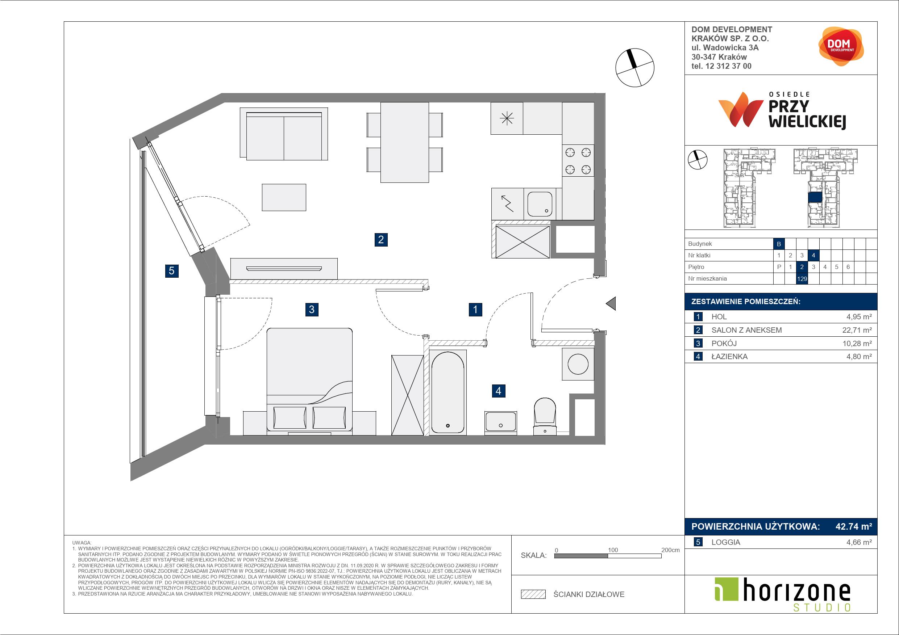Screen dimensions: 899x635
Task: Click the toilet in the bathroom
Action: pos(545,416)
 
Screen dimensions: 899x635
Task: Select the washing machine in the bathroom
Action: pos(578,364)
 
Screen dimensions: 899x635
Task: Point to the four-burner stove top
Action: pos(578,161)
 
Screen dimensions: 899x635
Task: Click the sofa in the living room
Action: pos(284,134)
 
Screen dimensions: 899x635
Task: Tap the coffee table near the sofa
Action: pos(284,198)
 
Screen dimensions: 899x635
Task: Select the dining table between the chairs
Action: pos(404,142)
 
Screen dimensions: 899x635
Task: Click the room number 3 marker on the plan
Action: pos(312,310)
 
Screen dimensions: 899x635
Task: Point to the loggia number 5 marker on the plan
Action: pos(171,271)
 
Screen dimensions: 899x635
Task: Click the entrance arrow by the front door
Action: pos(611,303)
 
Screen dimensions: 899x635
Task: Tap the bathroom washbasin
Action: pos(501,422)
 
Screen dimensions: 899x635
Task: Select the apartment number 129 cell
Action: pos(802,278)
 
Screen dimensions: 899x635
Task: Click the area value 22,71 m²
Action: pos(857,330)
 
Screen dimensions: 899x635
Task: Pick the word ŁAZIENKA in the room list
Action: pos(729,357)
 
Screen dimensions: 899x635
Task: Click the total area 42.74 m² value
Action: pos(854,527)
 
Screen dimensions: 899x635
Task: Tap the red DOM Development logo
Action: pos(841,46)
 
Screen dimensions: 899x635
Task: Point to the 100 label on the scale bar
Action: pos(613,550)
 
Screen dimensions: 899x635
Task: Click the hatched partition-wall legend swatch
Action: pos(533,594)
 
